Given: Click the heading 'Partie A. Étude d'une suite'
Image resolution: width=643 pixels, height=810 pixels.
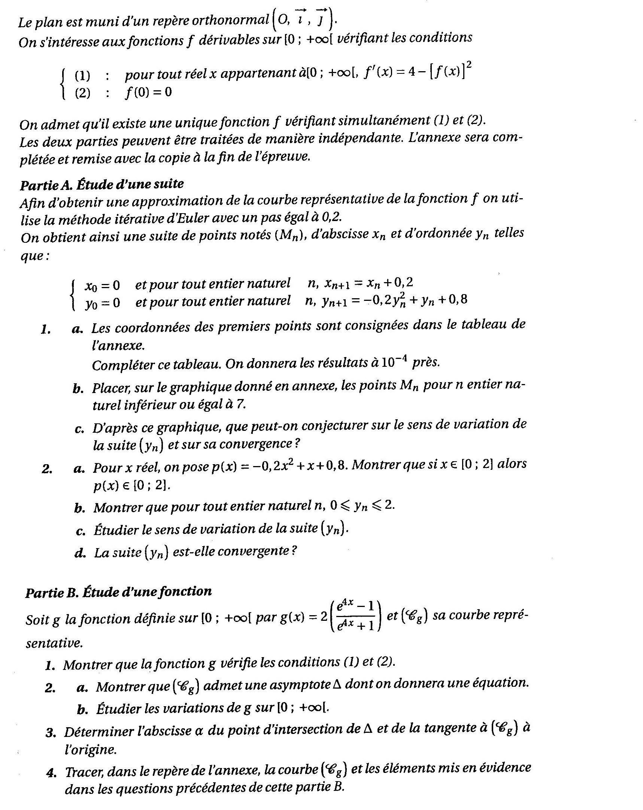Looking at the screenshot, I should (102, 184).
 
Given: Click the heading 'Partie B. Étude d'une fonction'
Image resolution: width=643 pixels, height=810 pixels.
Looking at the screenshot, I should (118, 592).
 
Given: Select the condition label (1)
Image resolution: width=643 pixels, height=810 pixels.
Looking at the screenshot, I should (83, 76).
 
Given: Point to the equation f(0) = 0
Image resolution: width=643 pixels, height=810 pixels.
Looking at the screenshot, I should (148, 92).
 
